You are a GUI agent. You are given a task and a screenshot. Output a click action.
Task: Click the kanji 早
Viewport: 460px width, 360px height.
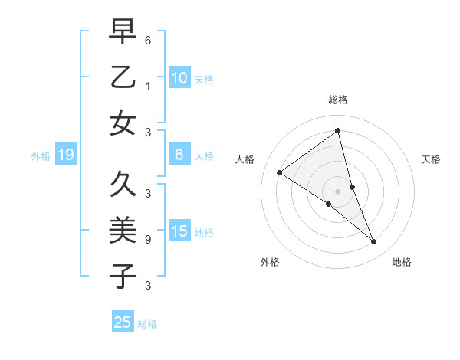coord(123,31)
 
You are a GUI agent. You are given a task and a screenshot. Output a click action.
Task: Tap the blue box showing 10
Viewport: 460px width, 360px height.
coord(179,77)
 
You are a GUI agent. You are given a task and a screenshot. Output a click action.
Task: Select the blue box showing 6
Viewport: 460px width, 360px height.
coord(179,155)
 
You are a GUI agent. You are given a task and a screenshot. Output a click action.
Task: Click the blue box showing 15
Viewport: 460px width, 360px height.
coord(179,231)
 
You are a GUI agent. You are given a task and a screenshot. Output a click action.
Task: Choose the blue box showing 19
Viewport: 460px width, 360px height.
coord(65,155)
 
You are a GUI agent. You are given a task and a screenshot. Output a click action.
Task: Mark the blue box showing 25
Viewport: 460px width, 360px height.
coord(123,322)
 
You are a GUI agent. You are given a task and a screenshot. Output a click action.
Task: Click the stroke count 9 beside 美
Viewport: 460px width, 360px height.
coord(148,240)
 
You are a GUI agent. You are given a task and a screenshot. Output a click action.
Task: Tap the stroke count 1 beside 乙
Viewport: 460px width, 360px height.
coord(148,87)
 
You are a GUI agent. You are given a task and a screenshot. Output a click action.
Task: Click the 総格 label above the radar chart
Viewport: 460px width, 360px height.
coord(338,100)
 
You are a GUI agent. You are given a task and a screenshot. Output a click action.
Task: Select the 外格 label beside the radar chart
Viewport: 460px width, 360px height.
coord(269,263)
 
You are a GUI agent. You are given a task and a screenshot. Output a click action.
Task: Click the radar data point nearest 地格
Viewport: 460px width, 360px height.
coord(374,241)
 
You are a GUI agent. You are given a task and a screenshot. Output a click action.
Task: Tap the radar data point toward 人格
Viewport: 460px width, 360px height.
coord(280,173)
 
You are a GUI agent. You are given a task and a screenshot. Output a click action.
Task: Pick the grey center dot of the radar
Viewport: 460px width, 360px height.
coord(338,191)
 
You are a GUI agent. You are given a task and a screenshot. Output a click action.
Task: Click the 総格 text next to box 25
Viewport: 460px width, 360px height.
coord(148,324)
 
